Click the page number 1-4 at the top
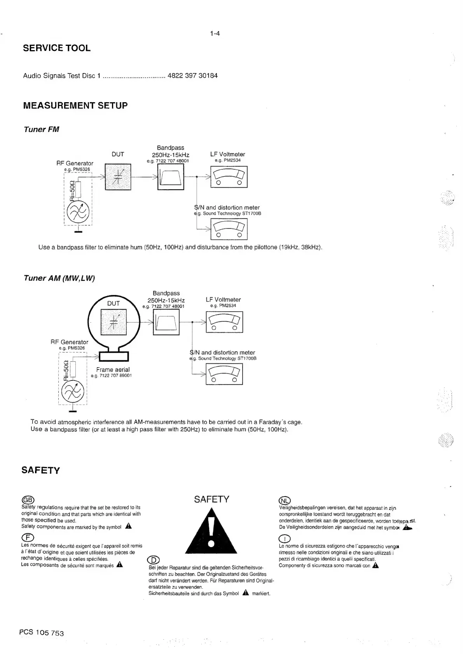pos(215,33)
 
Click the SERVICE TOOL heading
pos(57,48)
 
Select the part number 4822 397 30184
pos(192,76)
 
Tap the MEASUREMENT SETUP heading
pos(75,106)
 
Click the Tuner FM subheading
pos(42,129)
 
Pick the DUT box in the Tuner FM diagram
pos(118,177)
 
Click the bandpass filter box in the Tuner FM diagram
pos(171,177)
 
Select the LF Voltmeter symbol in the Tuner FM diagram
pos(229,177)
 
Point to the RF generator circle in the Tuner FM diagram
pos(78,213)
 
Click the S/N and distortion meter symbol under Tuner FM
pos(229,230)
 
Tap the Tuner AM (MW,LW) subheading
pos(59,278)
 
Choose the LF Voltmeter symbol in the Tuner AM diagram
pos(224,322)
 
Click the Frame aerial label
pos(113,370)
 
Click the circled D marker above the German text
pos(154,560)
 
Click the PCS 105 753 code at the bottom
pos(42,632)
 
